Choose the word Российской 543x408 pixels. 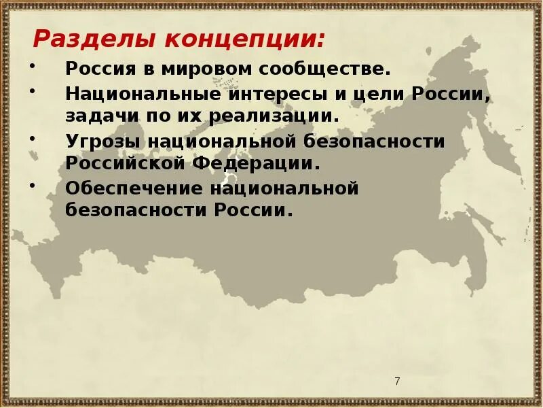(x=126, y=163)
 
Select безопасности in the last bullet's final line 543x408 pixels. (x=136, y=210)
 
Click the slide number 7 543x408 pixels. (x=397, y=381)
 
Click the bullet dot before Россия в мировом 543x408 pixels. (x=34, y=66)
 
